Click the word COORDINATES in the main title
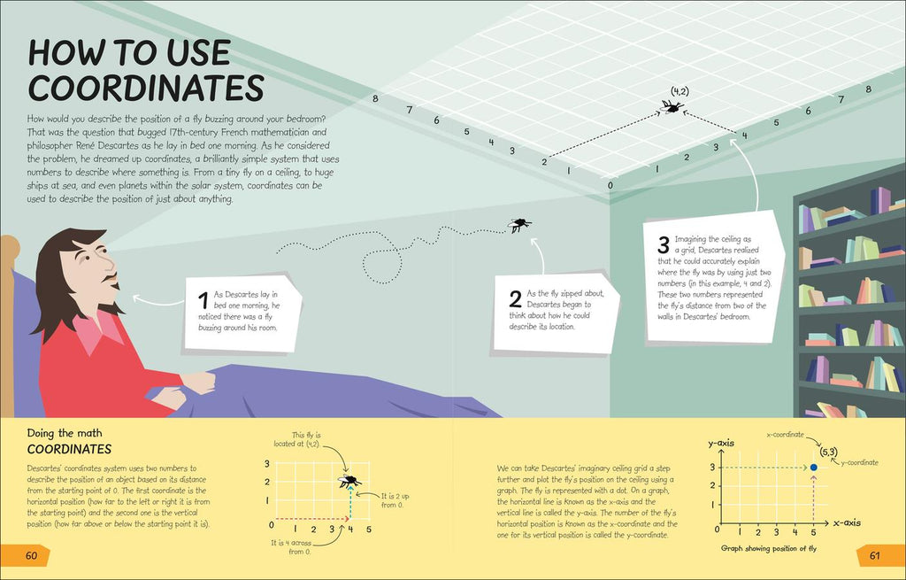coord(146,89)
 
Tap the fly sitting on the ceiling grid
coord(672,106)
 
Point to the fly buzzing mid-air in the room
coord(518,224)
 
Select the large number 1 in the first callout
coord(203,301)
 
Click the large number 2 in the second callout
coord(516,299)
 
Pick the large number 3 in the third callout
coord(664,244)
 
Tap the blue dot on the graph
coord(814,468)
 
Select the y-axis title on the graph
coord(721,444)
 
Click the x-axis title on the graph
coord(847,522)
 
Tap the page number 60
coord(31,556)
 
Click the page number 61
coord(874,556)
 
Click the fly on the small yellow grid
coord(349,480)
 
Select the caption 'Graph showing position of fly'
coord(769,548)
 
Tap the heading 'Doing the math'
coord(65,433)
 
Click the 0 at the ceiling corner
coord(610,186)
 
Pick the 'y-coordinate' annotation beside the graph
coord(859,462)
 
